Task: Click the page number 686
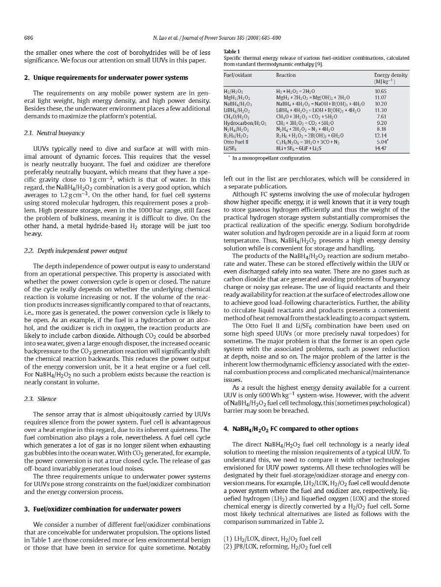coord(29,38)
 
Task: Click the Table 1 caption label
coord(232,51)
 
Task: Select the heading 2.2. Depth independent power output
coord(75,251)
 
